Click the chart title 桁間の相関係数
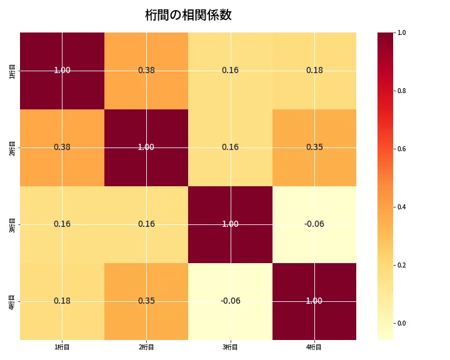pyautogui.click(x=188, y=15)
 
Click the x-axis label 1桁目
pyautogui.click(x=62, y=347)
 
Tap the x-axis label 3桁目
pyautogui.click(x=230, y=347)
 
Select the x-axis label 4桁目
pyautogui.click(x=314, y=347)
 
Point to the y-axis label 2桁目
pyautogui.click(x=12, y=147)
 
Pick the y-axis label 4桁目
pyautogui.click(x=12, y=301)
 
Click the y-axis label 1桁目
pyautogui.click(x=12, y=71)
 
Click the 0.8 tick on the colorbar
pyautogui.click(x=401, y=91)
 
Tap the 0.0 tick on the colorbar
pyautogui.click(x=401, y=323)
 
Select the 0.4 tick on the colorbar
pyautogui.click(x=401, y=207)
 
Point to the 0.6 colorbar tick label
pyautogui.click(x=401, y=149)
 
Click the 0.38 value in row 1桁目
pyautogui.click(x=146, y=71)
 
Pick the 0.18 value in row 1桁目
pyautogui.click(x=314, y=71)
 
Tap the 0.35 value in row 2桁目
pyautogui.click(x=314, y=147)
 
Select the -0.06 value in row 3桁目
pyautogui.click(x=314, y=224)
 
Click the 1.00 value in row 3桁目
pyautogui.click(x=230, y=224)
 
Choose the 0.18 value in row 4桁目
pyautogui.click(x=62, y=301)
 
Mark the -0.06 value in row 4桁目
pyautogui.click(x=230, y=301)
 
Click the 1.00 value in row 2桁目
pyautogui.click(x=146, y=147)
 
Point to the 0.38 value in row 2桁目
pyautogui.click(x=62, y=147)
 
